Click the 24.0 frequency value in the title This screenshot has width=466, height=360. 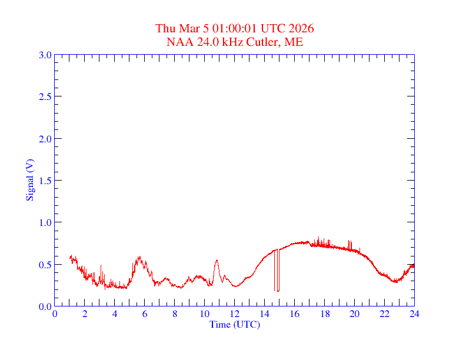click(x=205, y=42)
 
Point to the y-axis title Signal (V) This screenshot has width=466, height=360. click(x=29, y=179)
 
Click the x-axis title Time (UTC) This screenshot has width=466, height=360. click(x=234, y=324)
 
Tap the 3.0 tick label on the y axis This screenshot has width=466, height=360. click(x=45, y=55)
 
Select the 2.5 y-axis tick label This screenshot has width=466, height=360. click(x=45, y=96)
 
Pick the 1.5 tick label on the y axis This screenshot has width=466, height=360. click(x=45, y=181)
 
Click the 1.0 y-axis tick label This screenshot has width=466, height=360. click(x=45, y=222)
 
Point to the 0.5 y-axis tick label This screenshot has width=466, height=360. click(x=45, y=265)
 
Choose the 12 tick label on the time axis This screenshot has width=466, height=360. click(x=235, y=314)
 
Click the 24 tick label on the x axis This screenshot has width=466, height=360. click(x=414, y=314)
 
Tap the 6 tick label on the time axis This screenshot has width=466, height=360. click(x=145, y=314)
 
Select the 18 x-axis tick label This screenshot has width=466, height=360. click(x=324, y=314)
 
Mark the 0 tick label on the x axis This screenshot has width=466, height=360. click(x=55, y=314)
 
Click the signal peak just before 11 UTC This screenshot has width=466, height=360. click(x=217, y=260)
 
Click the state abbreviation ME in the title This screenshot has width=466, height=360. click(x=294, y=42)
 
